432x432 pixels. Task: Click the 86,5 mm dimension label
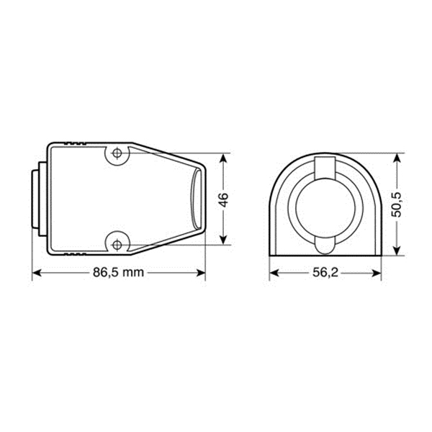pyautogui.click(x=119, y=273)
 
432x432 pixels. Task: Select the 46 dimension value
pyautogui.click(x=223, y=200)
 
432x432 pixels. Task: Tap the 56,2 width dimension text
pyautogui.click(x=325, y=273)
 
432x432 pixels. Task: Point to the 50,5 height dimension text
pyautogui.click(x=397, y=204)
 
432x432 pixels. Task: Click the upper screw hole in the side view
pyautogui.click(x=117, y=153)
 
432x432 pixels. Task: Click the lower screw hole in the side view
pyautogui.click(x=117, y=244)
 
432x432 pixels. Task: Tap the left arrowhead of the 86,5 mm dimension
pyautogui.click(x=37, y=273)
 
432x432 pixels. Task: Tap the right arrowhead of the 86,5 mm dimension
pyautogui.click(x=201, y=273)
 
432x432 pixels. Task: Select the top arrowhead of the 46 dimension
pyautogui.click(x=223, y=158)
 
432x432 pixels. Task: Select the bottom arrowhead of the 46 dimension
pyautogui.click(x=223, y=240)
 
